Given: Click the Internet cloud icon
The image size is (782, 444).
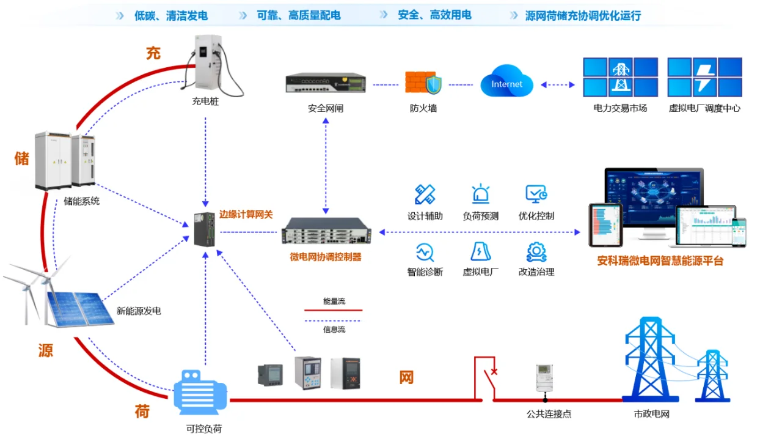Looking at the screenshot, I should click(506, 84).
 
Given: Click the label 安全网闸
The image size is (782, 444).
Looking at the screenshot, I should click(326, 108).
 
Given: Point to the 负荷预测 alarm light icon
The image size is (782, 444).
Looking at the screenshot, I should click(480, 194).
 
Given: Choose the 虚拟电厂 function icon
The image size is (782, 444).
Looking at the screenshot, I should click(480, 251).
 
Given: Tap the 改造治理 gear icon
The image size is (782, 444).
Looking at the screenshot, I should click(536, 251).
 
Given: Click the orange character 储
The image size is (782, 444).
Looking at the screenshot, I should click(22, 158).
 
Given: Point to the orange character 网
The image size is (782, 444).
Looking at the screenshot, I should click(406, 377).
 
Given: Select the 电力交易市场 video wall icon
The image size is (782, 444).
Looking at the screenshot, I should click(620, 77).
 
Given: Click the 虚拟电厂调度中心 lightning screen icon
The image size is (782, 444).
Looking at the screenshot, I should click(704, 77).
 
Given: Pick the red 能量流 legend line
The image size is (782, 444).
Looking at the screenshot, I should click(333, 311).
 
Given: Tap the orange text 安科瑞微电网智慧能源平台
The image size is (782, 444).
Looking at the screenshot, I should click(660, 261).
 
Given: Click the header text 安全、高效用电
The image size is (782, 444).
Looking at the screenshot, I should click(434, 15).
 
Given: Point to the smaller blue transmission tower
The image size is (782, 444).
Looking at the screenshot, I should click(712, 376).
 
